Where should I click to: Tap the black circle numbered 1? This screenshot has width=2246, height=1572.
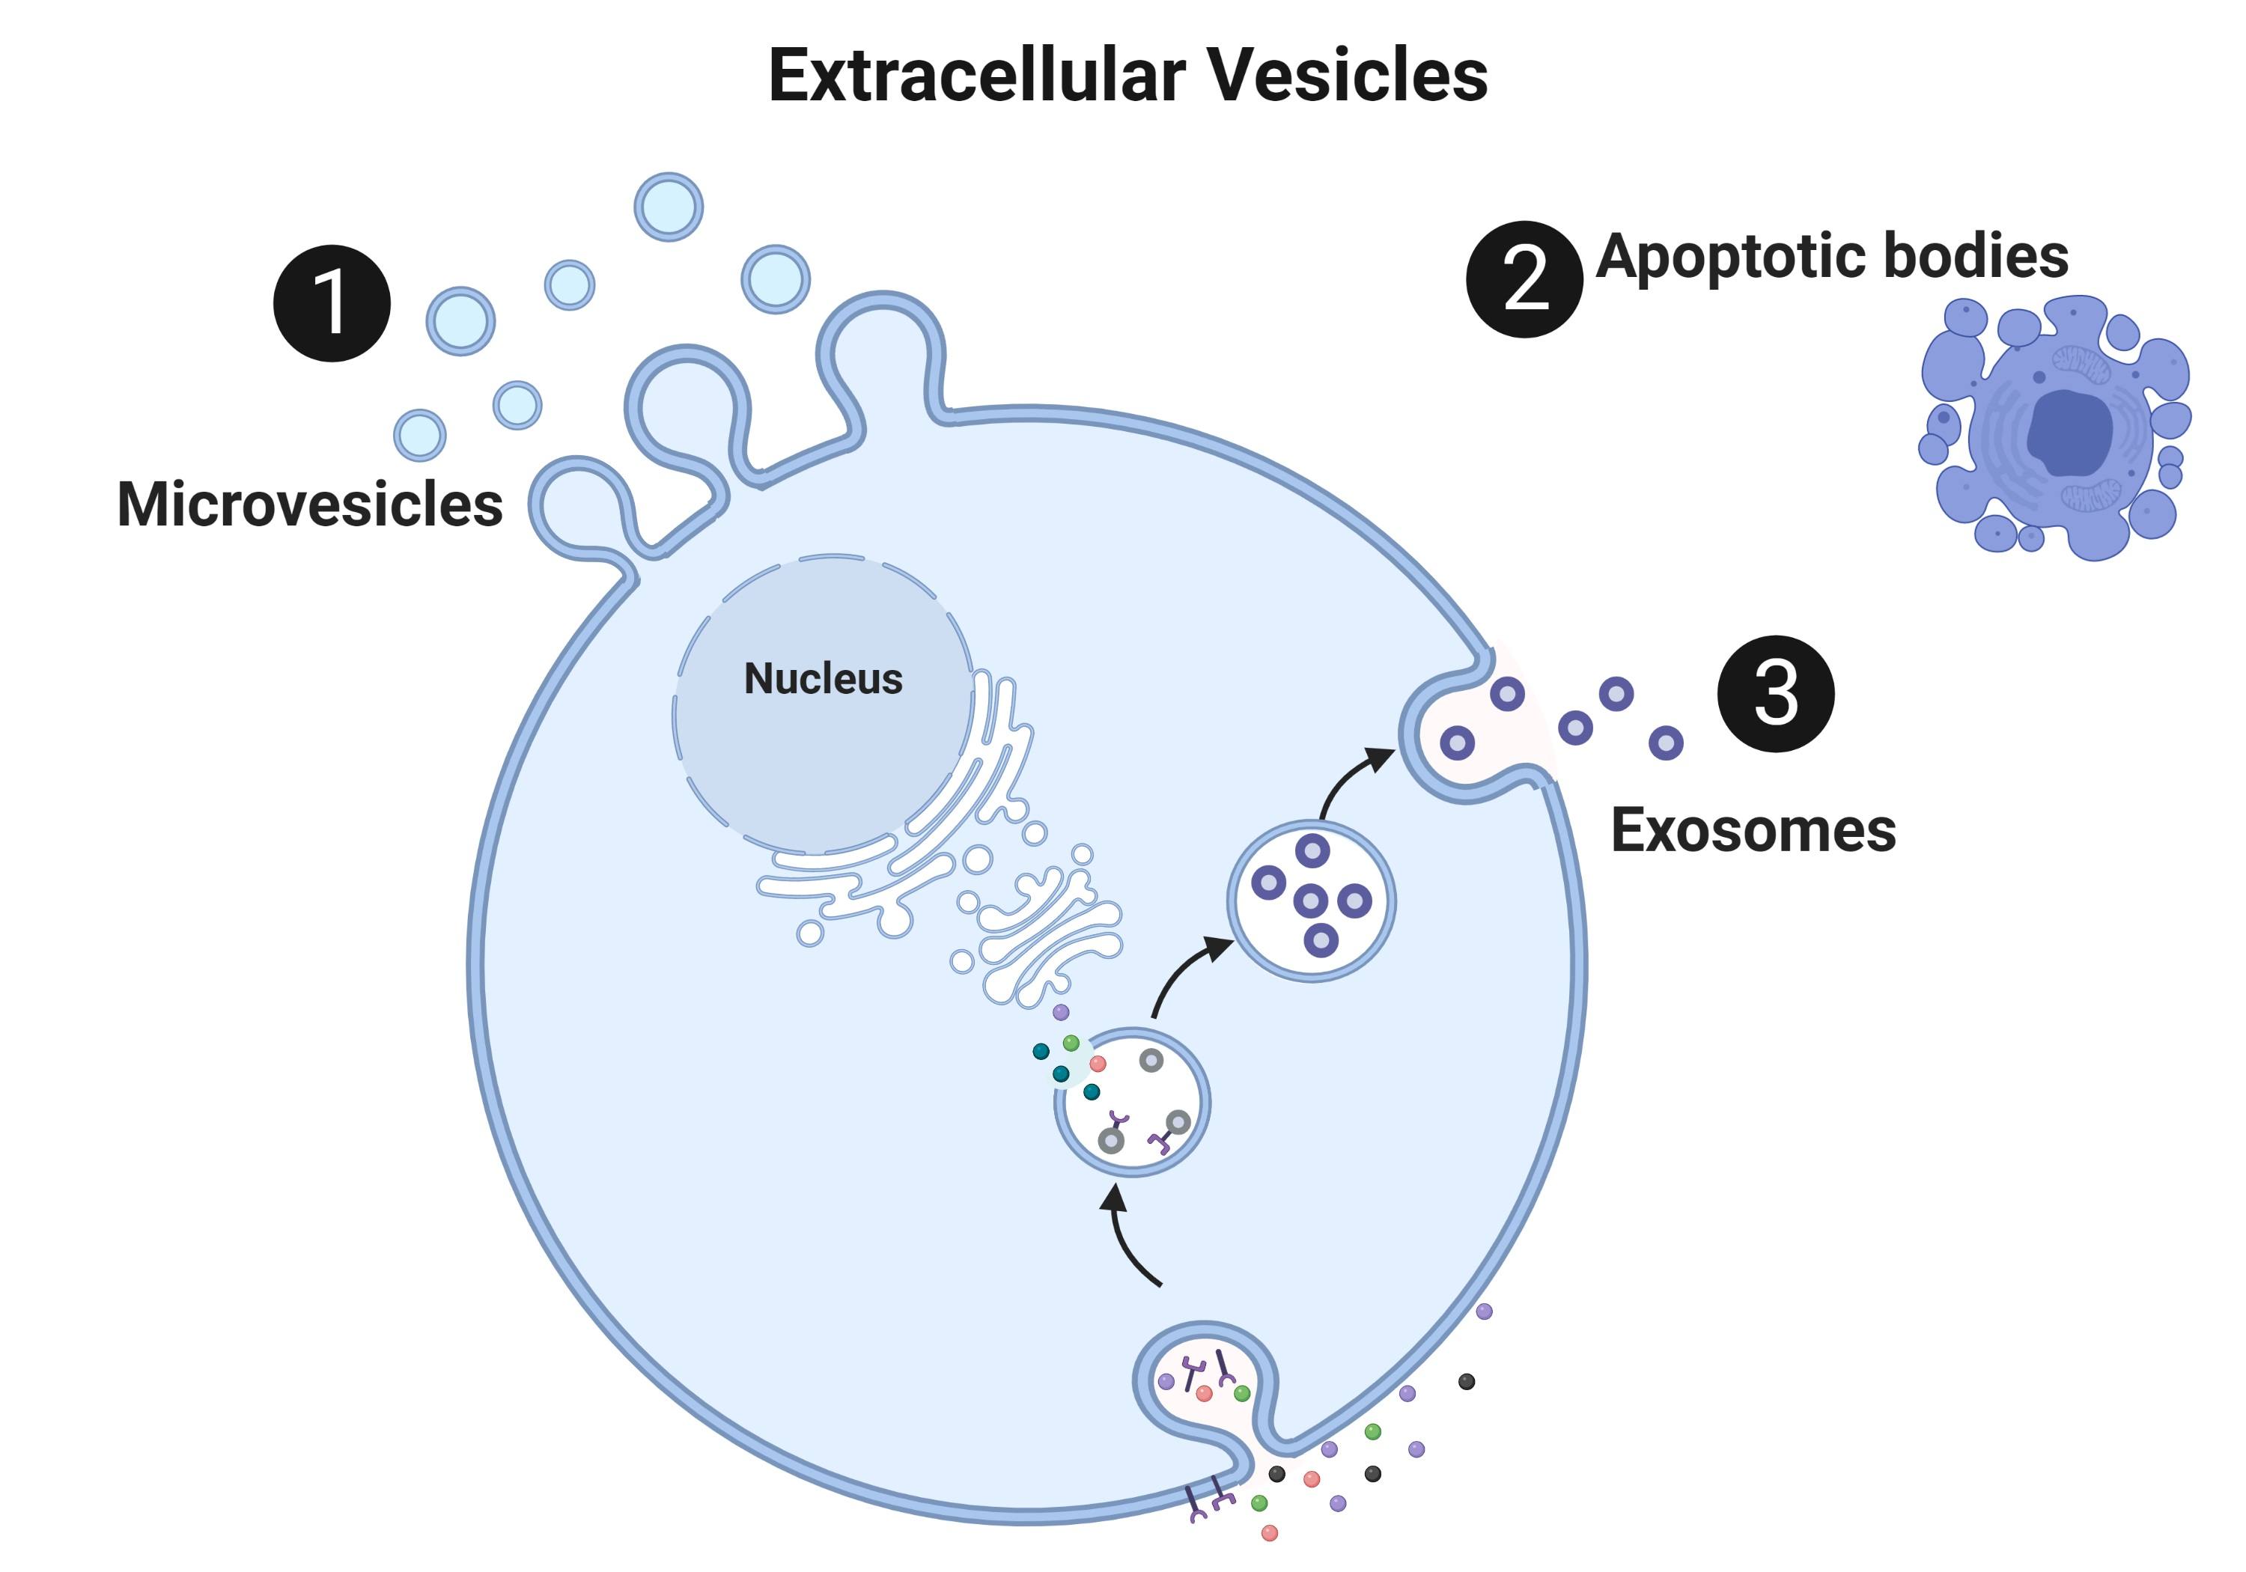tap(332, 303)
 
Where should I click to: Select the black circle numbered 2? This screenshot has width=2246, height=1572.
tap(1523, 280)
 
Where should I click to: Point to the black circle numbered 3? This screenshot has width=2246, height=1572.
tap(1776, 694)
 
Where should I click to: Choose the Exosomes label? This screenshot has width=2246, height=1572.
tap(1753, 830)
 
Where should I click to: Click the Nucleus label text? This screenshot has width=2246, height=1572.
tap(823, 679)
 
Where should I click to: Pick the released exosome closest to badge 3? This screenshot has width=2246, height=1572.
tap(1666, 743)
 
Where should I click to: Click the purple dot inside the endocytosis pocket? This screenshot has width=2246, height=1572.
tap(1166, 1382)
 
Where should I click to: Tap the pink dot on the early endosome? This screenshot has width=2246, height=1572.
tap(1098, 1063)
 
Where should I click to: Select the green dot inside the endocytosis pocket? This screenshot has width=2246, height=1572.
tap(1241, 1393)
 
